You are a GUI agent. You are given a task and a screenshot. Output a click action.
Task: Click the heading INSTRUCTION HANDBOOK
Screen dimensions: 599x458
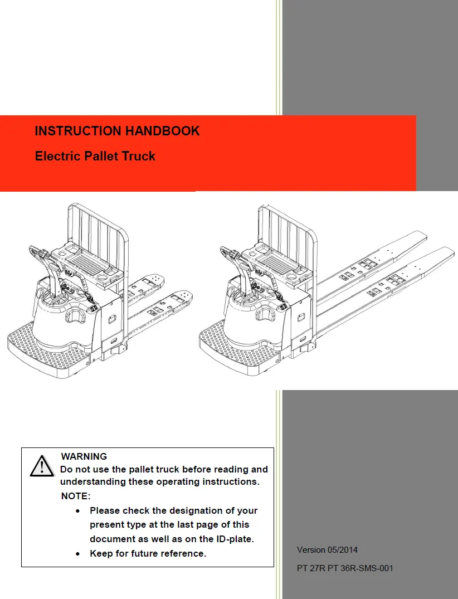click(117, 132)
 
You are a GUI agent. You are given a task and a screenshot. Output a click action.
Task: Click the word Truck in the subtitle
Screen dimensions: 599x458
click(138, 157)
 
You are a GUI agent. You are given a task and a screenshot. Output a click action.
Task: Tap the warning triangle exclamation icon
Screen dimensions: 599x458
click(42, 466)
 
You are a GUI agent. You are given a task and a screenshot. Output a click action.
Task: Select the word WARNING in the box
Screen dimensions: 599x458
click(84, 456)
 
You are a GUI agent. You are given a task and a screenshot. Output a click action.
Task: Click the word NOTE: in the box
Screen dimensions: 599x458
click(75, 496)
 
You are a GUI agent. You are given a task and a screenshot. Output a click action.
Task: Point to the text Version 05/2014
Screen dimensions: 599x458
click(327, 550)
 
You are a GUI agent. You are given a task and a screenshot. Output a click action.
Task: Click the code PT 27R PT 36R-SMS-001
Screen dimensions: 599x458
click(344, 569)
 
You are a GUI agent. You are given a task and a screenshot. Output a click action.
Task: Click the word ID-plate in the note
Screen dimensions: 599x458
click(234, 539)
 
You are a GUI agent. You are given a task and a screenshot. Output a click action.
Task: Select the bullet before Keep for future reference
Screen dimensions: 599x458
click(80, 554)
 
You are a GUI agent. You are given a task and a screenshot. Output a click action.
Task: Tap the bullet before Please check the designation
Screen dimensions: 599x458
click(80, 510)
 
